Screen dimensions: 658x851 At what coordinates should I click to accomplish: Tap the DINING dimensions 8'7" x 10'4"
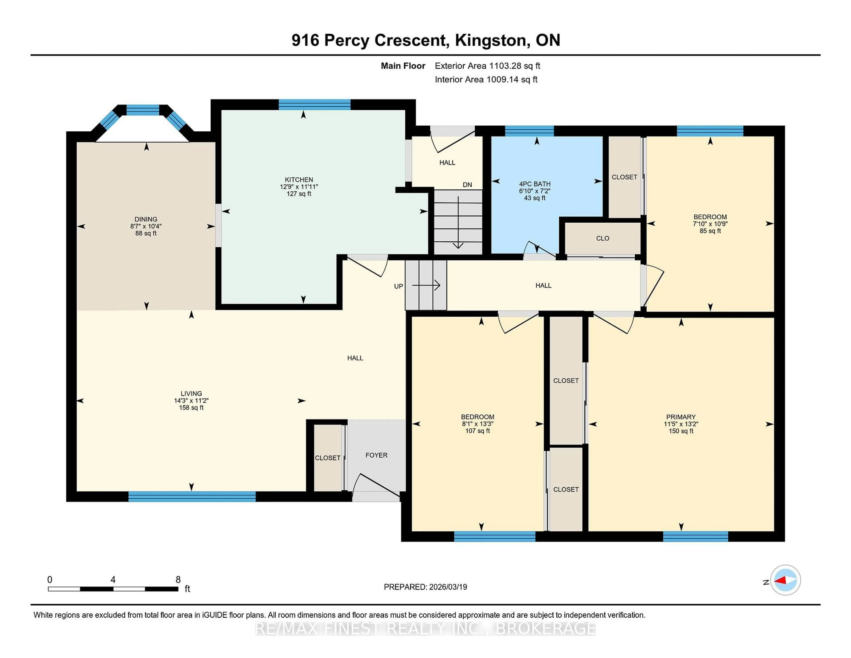pyautogui.click(x=146, y=226)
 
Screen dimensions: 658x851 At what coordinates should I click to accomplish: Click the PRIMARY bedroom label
pyautogui.click(x=681, y=417)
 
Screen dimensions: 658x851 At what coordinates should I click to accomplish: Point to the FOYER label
pyautogui.click(x=376, y=455)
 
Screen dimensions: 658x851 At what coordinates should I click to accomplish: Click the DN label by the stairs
pyautogui.click(x=467, y=185)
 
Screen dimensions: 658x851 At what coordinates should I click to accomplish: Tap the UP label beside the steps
pyautogui.click(x=398, y=286)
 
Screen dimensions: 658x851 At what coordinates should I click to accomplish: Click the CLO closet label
pyautogui.click(x=602, y=238)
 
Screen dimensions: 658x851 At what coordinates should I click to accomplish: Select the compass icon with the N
pyautogui.click(x=785, y=580)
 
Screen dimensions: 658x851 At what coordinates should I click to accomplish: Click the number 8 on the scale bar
pyautogui.click(x=178, y=580)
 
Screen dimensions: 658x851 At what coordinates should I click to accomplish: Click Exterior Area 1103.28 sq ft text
pyautogui.click(x=488, y=66)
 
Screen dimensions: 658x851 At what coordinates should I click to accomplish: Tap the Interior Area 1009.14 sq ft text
pyautogui.click(x=486, y=80)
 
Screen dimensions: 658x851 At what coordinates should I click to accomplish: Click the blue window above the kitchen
pyautogui.click(x=314, y=104)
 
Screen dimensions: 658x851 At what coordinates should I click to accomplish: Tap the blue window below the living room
pyautogui.click(x=192, y=496)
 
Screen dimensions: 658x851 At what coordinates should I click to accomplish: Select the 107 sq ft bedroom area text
pyautogui.click(x=477, y=431)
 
